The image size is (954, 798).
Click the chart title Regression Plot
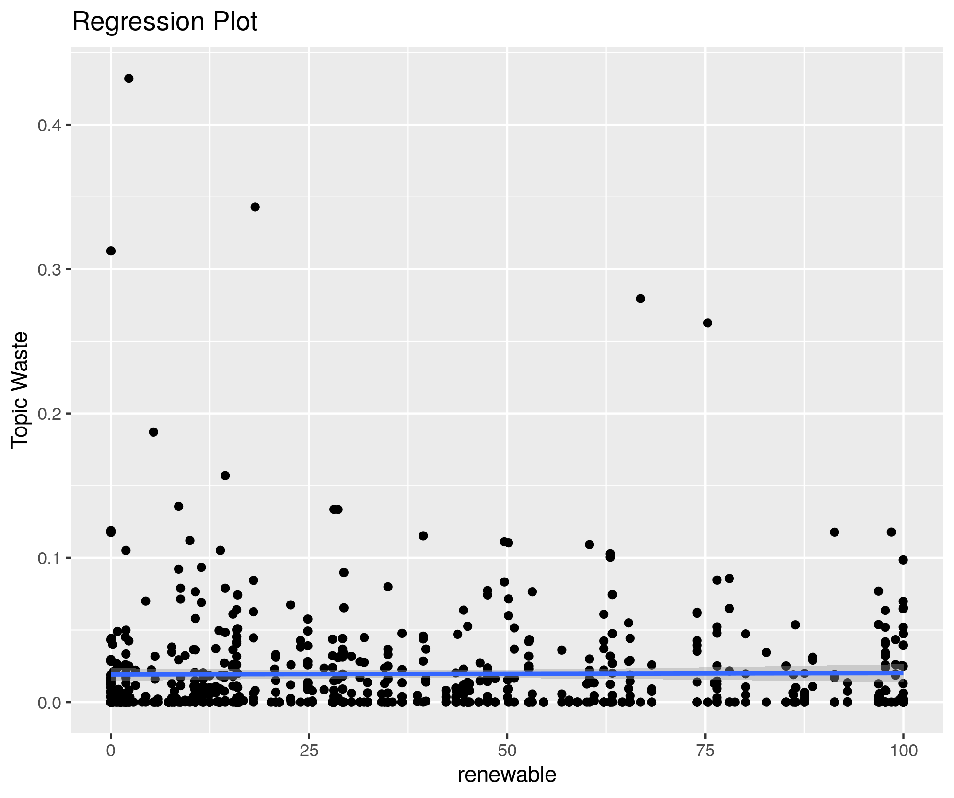point(164,22)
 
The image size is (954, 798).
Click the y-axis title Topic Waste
point(20,390)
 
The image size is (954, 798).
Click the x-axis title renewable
point(507,775)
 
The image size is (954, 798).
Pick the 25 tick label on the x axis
point(309,751)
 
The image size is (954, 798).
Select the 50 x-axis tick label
point(507,751)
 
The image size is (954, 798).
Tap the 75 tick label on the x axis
point(705,751)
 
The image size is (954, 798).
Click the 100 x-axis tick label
point(903,751)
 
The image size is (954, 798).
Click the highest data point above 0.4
point(128,79)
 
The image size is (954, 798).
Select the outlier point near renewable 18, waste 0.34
point(255,207)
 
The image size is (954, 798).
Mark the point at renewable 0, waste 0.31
point(111,251)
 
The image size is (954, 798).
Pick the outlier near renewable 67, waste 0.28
point(640,299)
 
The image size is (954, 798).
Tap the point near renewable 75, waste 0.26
point(708,323)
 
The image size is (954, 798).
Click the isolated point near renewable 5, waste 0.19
point(153,432)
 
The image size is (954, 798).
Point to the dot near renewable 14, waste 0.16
point(225,475)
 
